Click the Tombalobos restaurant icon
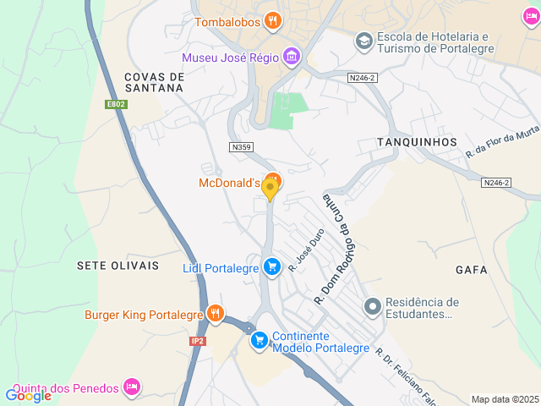coord(272,21)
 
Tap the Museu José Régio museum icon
coord(292,58)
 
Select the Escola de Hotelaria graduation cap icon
coord(363,41)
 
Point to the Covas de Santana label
coord(154,81)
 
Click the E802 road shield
coord(116,104)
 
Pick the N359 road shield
coord(242,147)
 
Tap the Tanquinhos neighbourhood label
coord(418,141)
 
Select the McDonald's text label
coord(227,183)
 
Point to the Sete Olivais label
coord(117,266)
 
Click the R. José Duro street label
coord(306,252)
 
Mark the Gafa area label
coord(472,270)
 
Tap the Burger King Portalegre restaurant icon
coord(216,315)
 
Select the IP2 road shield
coord(198,341)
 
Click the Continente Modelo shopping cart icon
coord(260,341)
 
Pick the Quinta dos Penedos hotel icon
coord(131,387)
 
